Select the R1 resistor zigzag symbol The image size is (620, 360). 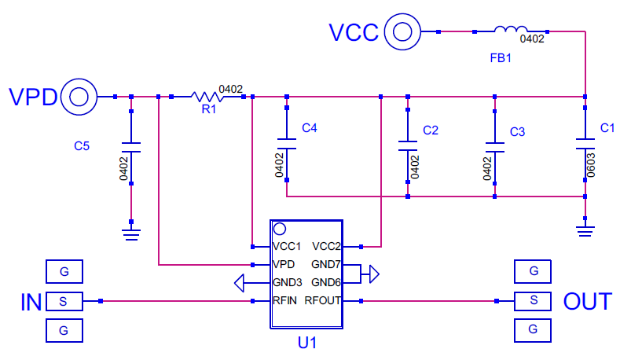pyautogui.click(x=207, y=97)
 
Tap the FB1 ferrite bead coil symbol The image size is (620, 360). pyautogui.click(x=511, y=29)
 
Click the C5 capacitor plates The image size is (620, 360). pyautogui.click(x=131, y=147)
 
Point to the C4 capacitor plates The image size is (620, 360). pyautogui.click(x=287, y=144)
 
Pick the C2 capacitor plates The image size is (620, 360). pyautogui.click(x=408, y=145)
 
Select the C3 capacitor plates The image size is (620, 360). pyautogui.click(x=494, y=147)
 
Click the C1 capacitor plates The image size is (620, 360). pyautogui.click(x=585, y=144)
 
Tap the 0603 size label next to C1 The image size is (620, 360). pyautogui.click(x=591, y=165)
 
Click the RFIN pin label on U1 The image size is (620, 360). pyautogui.click(x=284, y=301)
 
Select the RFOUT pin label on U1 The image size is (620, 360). pyautogui.click(x=322, y=301)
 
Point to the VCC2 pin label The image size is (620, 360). pyautogui.click(x=326, y=247)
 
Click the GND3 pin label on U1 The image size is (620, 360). pyautogui.click(x=287, y=282)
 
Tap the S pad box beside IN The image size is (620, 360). pyautogui.click(x=64, y=302)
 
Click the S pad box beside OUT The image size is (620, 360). pyautogui.click(x=533, y=301)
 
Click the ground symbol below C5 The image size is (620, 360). pyautogui.click(x=131, y=234)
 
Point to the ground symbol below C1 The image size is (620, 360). pyautogui.click(x=585, y=231)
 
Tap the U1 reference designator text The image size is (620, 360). pyautogui.click(x=307, y=343)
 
